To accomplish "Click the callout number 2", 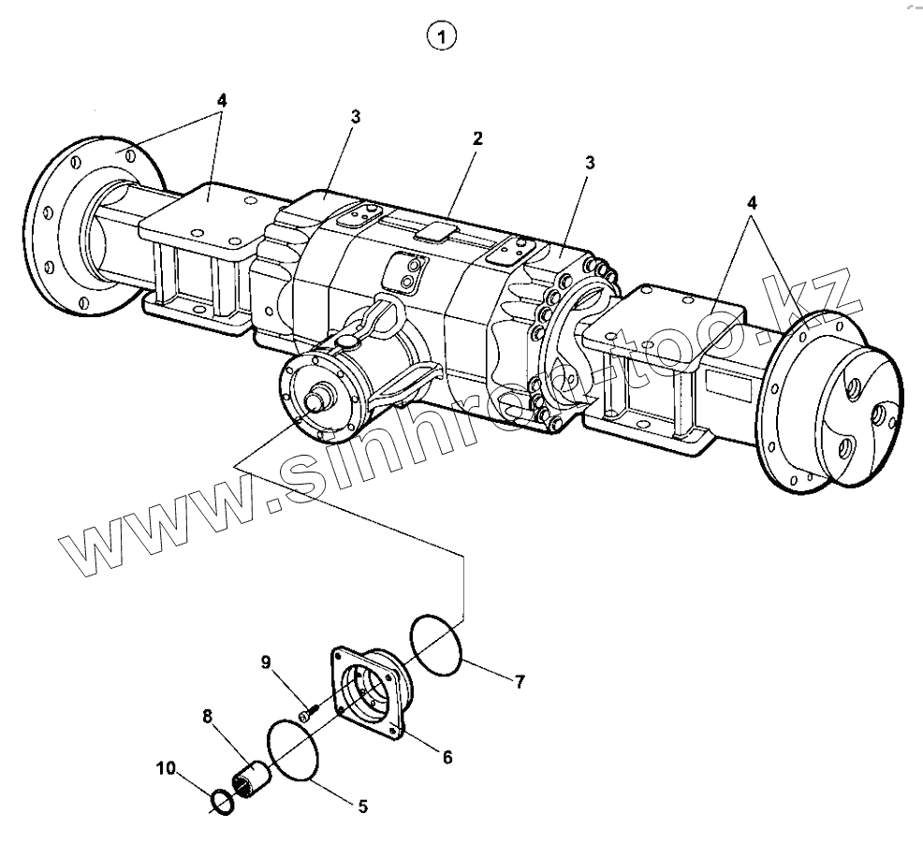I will (x=477, y=138).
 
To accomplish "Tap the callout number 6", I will (x=447, y=756).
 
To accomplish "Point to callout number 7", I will (x=520, y=682).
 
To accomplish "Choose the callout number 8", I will (x=209, y=717).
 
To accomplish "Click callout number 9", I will (x=266, y=662).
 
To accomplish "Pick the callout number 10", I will (x=166, y=768).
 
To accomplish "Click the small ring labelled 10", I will (x=223, y=801).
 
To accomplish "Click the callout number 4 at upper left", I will (x=222, y=99).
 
